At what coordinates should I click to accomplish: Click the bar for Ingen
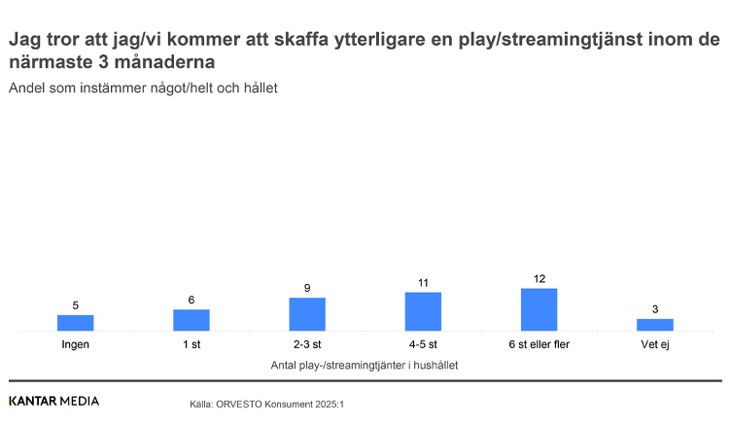pos(76,323)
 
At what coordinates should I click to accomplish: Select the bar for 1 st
pos(191,320)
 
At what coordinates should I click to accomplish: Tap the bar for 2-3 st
pos(307,314)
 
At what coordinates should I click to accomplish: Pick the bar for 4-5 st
pos(423,311)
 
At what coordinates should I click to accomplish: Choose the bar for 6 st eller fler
pos(538,309)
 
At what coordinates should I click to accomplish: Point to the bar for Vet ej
pos(654,325)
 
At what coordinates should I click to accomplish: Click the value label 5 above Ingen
pos(76,305)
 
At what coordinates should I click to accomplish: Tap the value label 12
pos(539,279)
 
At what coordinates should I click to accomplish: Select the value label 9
pos(307,288)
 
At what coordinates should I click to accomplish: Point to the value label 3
pos(654,309)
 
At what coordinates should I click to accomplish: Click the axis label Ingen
pos(76,345)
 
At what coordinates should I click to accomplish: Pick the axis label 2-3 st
pos(307,345)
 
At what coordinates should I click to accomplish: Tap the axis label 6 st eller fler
pos(538,345)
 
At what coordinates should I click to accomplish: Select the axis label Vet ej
pos(654,345)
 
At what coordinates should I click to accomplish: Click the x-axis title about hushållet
pos(364,366)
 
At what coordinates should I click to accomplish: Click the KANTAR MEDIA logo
pos(53,401)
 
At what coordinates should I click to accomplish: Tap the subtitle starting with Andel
pos(143,88)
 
